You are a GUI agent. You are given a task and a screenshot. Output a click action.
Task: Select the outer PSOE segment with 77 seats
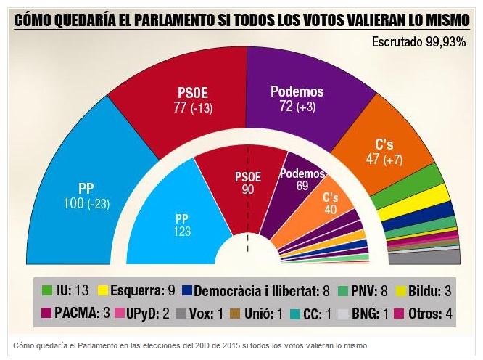(x=192, y=102)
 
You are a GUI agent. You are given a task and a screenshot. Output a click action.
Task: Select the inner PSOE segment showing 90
(x=247, y=181)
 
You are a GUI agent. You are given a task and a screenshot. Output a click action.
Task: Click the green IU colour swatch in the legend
(x=48, y=290)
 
